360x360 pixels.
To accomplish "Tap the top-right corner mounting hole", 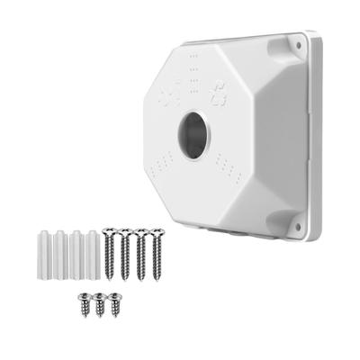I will point(294,41).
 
